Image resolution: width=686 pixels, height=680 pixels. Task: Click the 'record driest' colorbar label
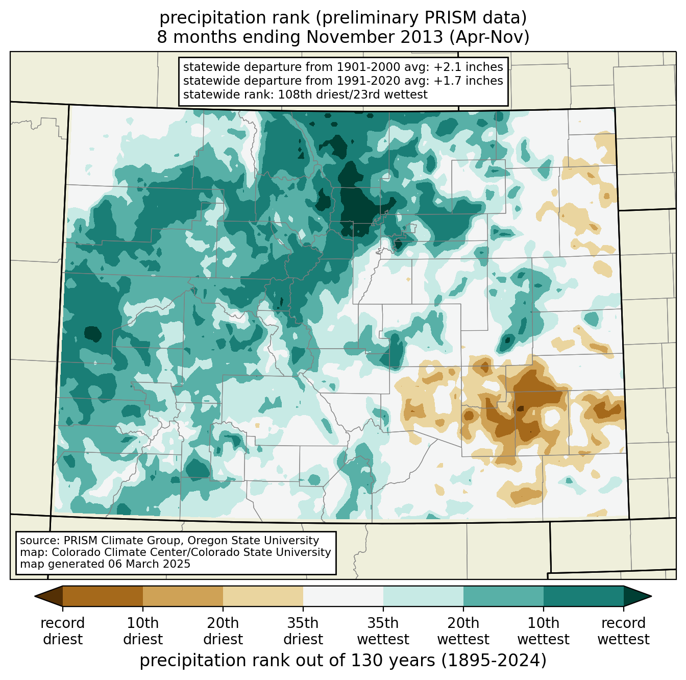click(63, 631)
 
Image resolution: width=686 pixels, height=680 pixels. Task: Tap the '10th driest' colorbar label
click(143, 631)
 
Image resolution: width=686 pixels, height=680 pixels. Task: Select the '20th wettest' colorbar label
click(463, 631)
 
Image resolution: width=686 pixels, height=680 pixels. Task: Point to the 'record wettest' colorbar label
click(623, 631)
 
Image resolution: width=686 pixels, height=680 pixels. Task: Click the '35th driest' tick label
click(303, 631)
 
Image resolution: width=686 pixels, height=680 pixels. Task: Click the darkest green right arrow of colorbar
click(636, 596)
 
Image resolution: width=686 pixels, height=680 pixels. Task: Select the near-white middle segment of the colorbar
click(343, 596)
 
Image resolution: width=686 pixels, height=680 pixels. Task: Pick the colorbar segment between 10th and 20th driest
click(183, 596)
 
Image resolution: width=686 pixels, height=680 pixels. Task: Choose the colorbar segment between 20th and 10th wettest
click(503, 596)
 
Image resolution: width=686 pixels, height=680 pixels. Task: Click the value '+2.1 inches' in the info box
click(468, 67)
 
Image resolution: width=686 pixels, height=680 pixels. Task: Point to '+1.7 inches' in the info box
click(468, 81)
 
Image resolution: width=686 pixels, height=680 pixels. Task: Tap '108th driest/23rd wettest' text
click(352, 94)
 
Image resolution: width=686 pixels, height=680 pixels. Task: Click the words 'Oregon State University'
click(253, 540)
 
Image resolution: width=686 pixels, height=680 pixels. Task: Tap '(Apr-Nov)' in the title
click(489, 37)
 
